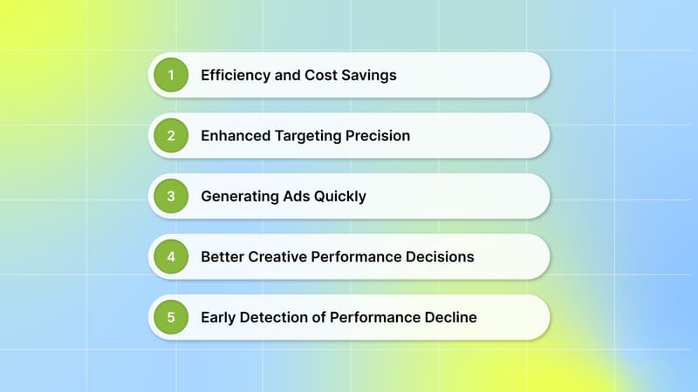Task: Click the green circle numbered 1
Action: pyautogui.click(x=171, y=75)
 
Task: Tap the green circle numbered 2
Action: pyautogui.click(x=171, y=136)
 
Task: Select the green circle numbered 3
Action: pyautogui.click(x=171, y=196)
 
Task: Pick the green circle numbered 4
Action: pyautogui.click(x=171, y=257)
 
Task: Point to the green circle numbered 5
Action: pyautogui.click(x=171, y=317)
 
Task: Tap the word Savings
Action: pyautogui.click(x=370, y=75)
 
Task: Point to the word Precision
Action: pyautogui.click(x=378, y=136)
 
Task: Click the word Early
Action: pyautogui.click(x=218, y=317)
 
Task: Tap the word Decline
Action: pyautogui.click(x=448, y=317)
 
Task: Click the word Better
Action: pyautogui.click(x=222, y=257)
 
